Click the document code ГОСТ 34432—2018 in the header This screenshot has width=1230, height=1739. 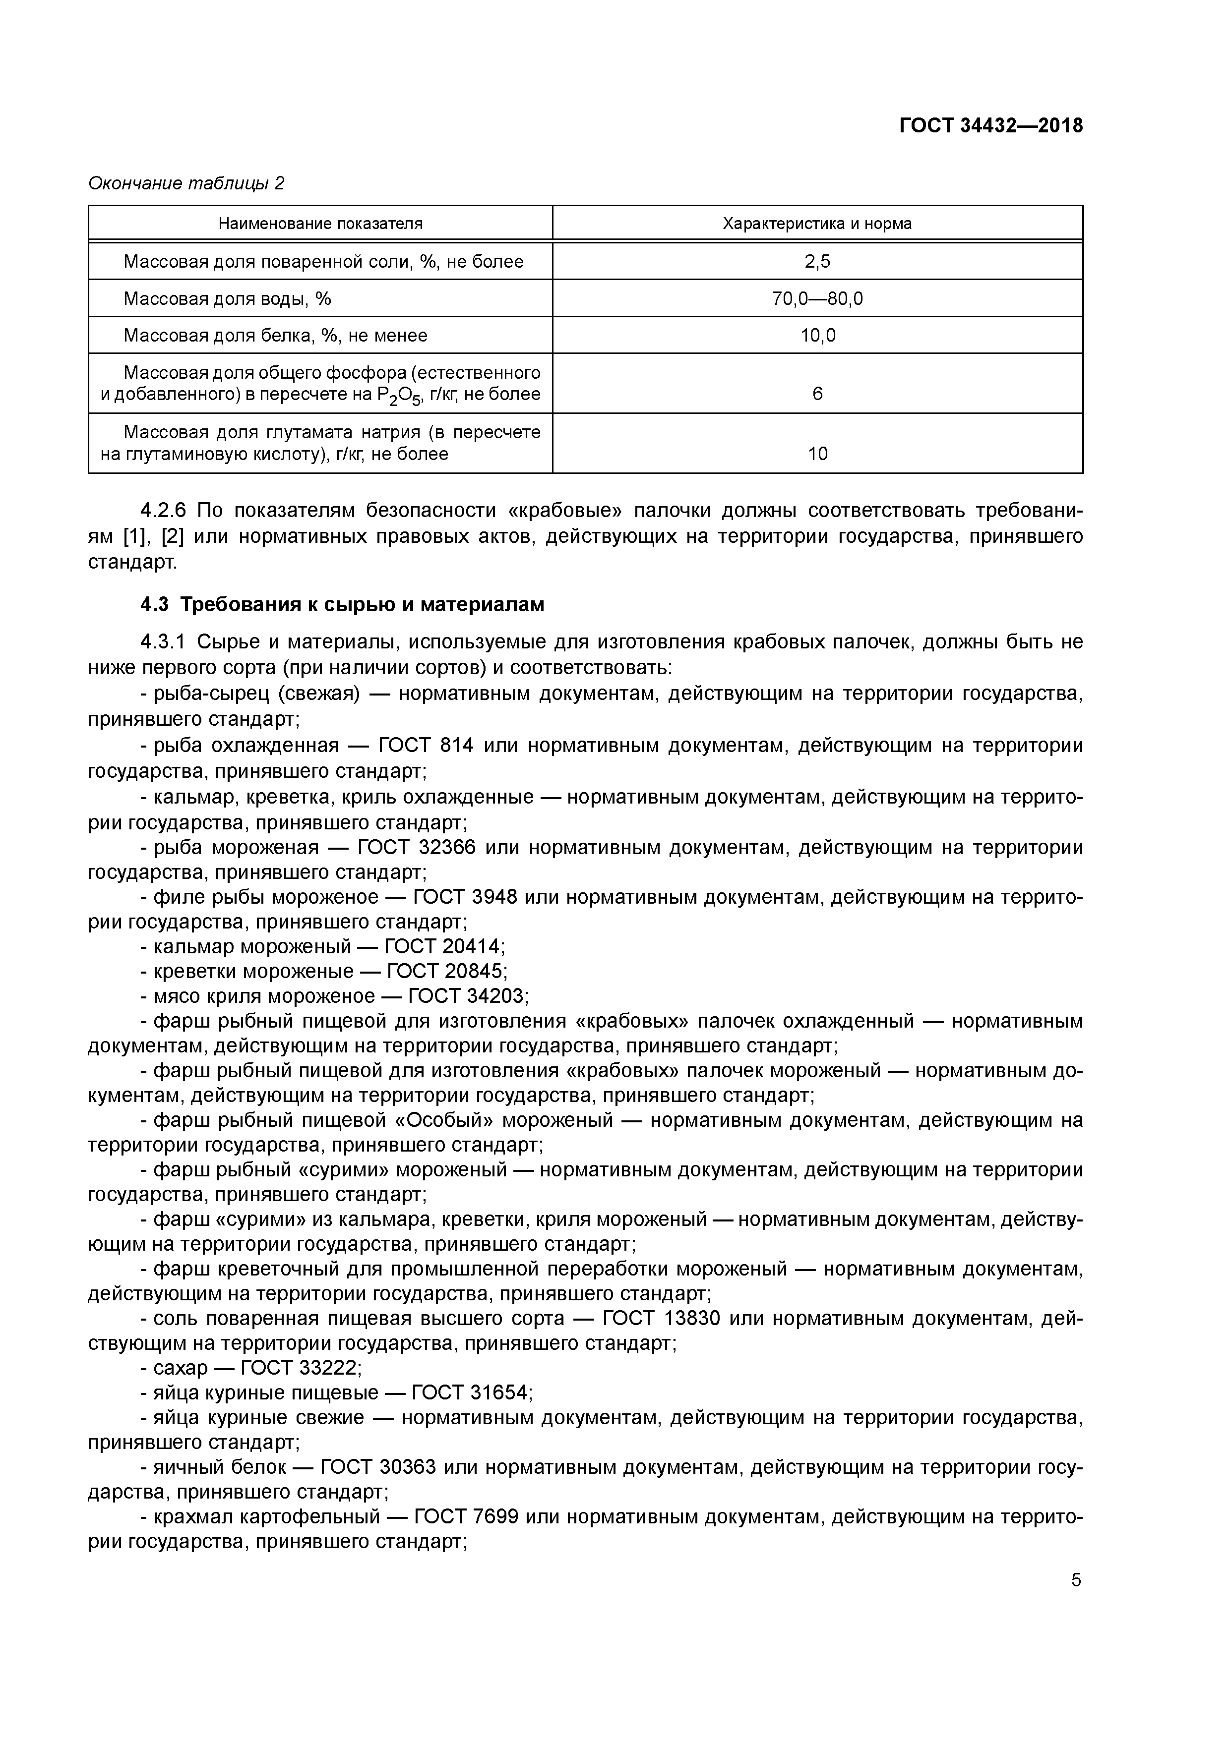coord(990,126)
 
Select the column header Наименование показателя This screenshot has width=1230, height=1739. coord(320,224)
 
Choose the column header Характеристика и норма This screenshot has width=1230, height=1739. coord(817,224)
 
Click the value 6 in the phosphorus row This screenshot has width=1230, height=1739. coord(817,394)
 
